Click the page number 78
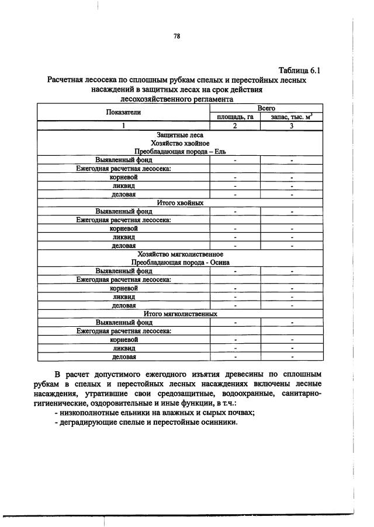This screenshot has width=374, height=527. (x=176, y=36)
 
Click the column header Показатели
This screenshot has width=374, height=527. (x=123, y=112)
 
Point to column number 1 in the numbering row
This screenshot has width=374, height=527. (x=123, y=125)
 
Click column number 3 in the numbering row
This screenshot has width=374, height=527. (x=291, y=125)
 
